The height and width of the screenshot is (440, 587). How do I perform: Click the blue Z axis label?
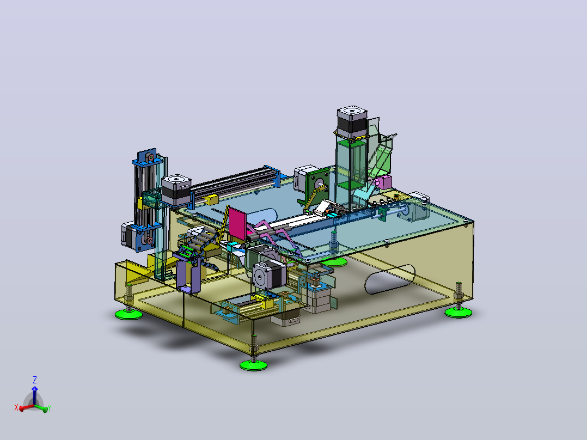coord(35,380)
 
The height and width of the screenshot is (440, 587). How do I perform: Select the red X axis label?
coord(16,407)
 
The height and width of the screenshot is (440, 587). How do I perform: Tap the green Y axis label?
coord(50,408)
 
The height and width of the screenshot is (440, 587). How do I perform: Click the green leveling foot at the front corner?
coord(253,365)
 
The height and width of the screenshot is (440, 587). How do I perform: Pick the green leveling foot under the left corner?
coord(129,314)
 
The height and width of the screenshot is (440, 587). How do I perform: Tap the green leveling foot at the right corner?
coord(458,313)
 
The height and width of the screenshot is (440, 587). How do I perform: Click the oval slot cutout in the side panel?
coord(390,279)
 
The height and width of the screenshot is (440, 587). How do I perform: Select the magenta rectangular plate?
coord(238,224)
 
